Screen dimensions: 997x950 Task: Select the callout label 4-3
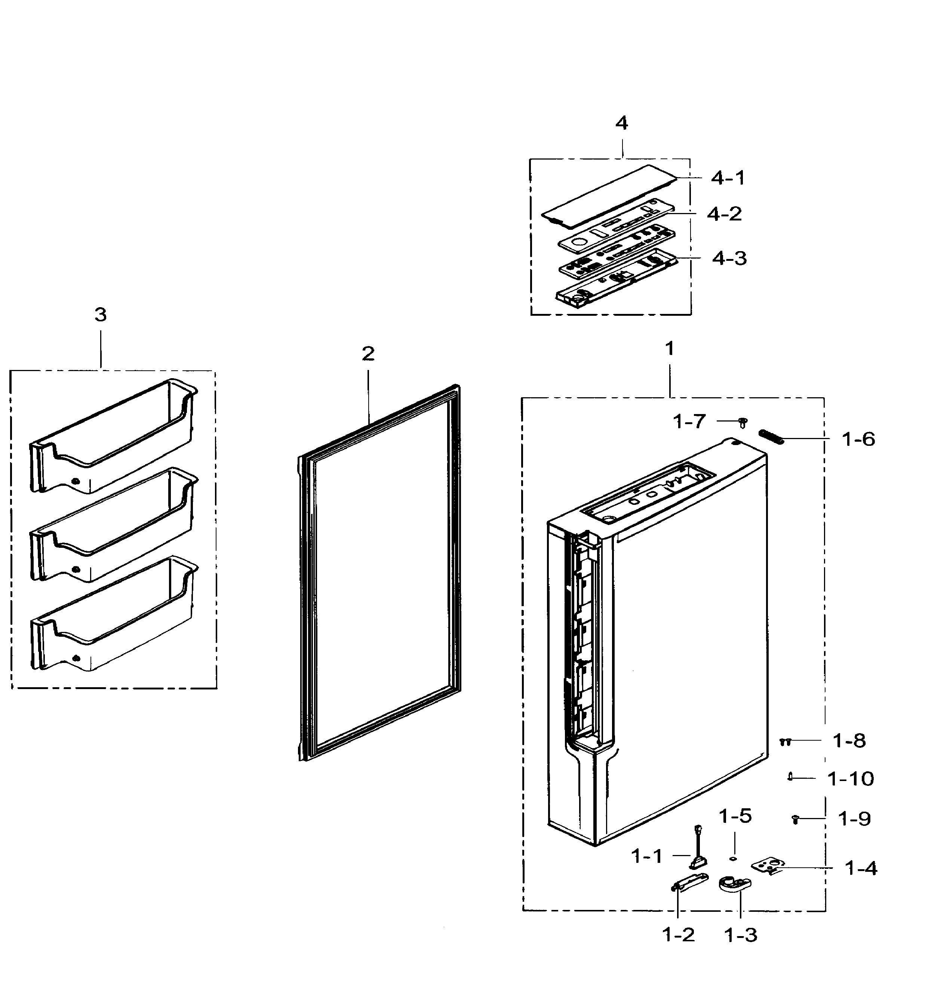coord(729,258)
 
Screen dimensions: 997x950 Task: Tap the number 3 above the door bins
coord(100,315)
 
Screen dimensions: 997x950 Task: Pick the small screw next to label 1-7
coord(743,423)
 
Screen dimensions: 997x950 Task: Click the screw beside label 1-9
coord(795,819)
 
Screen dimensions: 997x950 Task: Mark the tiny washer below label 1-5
coord(733,858)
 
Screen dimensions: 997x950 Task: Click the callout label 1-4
coord(861,868)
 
